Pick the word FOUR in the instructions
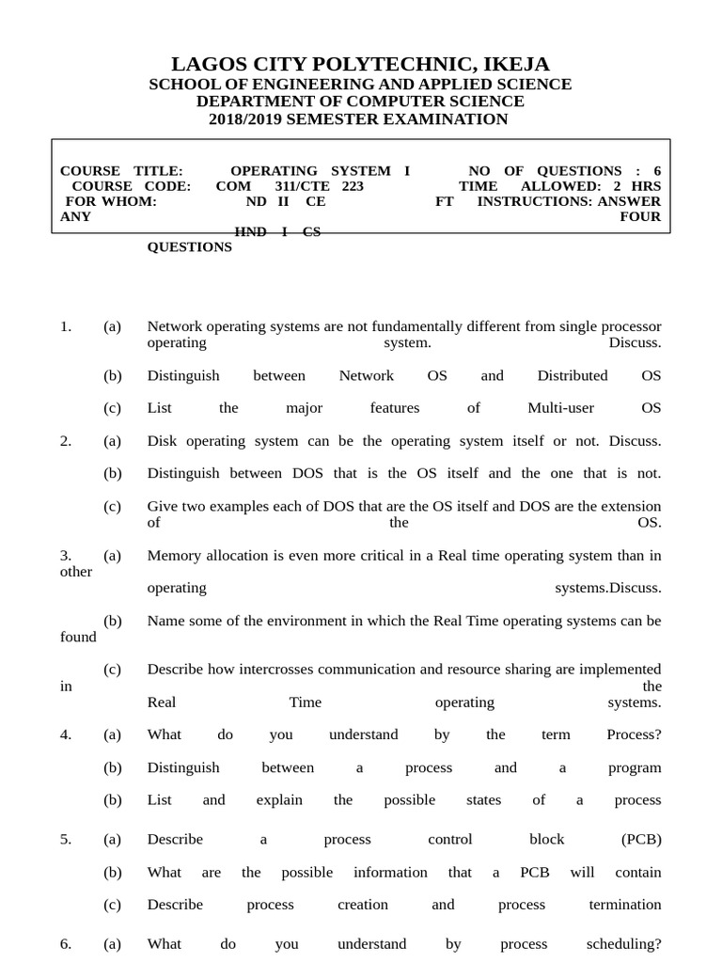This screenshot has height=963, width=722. click(640, 216)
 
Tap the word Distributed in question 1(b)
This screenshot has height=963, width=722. click(573, 376)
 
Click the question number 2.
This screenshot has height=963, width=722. click(66, 441)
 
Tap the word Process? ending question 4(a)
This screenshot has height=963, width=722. click(634, 735)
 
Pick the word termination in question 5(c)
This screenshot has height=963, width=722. click(625, 905)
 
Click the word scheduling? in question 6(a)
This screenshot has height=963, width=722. click(623, 944)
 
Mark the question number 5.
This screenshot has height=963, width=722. click(66, 840)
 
